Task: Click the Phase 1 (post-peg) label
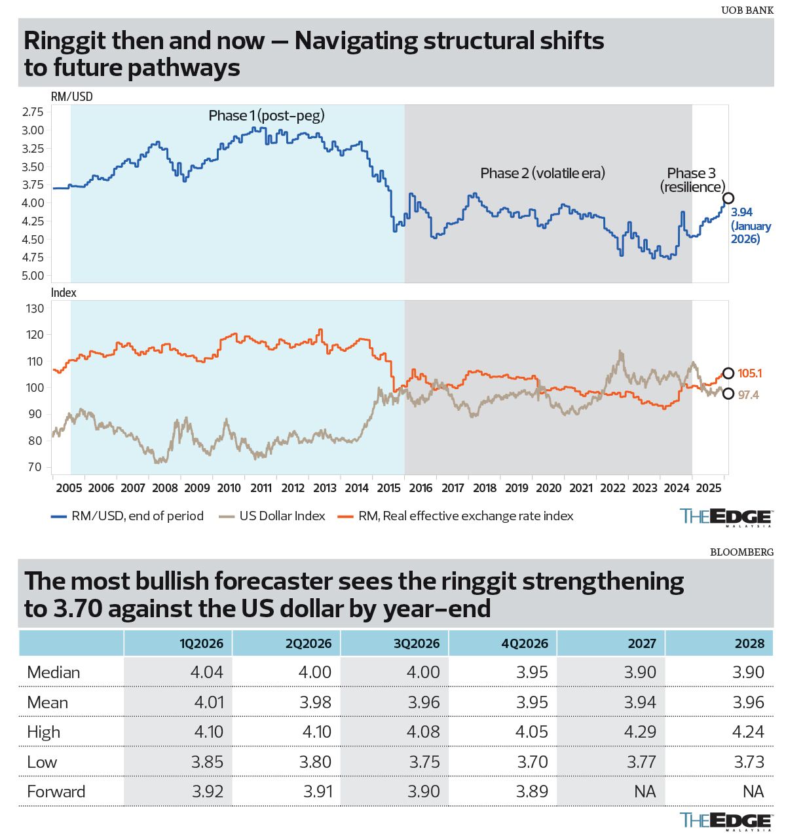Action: click(267, 116)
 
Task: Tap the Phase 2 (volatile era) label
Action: click(542, 173)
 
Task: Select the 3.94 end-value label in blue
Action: click(742, 212)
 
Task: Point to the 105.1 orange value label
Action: click(750, 373)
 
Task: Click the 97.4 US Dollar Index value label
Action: click(748, 395)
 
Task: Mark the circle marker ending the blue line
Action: click(728, 198)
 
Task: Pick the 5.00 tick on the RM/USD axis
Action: click(33, 276)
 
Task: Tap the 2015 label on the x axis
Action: click(389, 488)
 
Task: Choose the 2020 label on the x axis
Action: click(549, 488)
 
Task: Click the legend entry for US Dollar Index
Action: click(282, 516)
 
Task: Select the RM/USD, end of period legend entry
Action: click(138, 516)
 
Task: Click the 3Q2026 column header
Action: click(417, 643)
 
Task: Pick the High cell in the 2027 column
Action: click(639, 732)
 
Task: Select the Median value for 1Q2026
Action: click(208, 672)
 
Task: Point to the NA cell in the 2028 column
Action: click(753, 791)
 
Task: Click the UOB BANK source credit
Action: click(747, 10)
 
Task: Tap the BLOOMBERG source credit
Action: click(741, 552)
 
